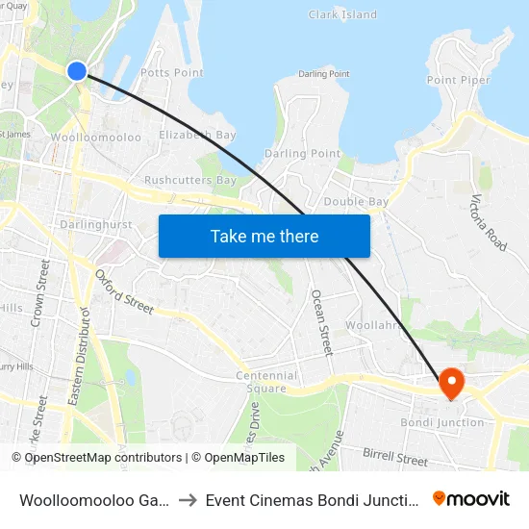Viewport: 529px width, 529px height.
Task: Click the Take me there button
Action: [264, 236]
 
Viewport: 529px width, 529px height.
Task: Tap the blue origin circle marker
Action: [77, 70]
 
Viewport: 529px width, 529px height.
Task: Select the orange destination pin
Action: [451, 384]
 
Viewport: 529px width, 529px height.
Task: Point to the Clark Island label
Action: [342, 15]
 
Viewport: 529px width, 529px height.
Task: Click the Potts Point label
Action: [172, 73]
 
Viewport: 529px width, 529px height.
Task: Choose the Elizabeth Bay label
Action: [197, 136]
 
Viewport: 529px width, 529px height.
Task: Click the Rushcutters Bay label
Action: [189, 181]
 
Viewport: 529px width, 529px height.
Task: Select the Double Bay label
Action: [356, 201]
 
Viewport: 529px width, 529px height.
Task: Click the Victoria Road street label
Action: [488, 222]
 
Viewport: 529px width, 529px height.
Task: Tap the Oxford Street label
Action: [124, 290]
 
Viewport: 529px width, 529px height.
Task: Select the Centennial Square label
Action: [266, 382]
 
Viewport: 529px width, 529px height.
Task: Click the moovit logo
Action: [471, 498]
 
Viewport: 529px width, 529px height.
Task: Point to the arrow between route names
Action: [189, 499]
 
